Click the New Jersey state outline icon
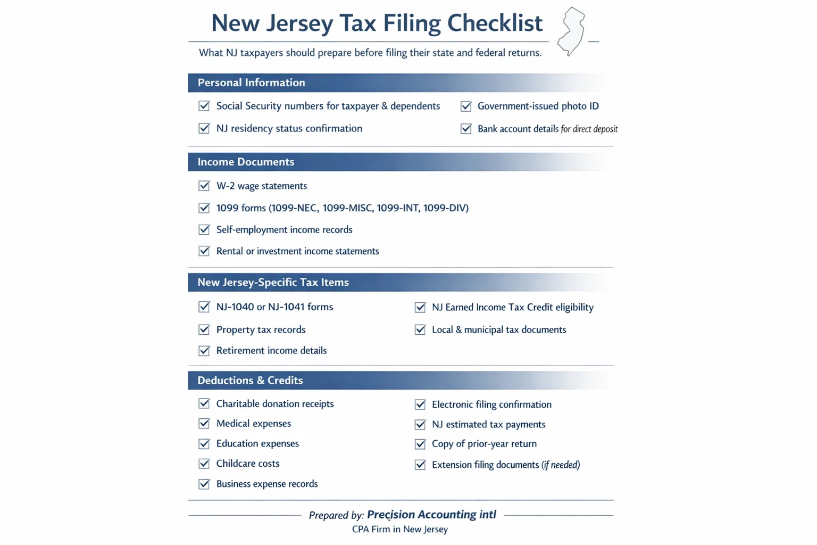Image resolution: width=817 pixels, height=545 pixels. coord(571,31)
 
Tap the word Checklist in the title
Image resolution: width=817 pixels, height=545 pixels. coord(495,23)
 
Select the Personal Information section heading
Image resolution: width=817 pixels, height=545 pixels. coord(251,82)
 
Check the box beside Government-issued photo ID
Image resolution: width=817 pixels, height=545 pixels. coord(466,106)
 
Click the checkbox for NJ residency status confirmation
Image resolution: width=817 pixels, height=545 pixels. coord(204,128)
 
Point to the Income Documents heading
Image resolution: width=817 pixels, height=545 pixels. coord(246,162)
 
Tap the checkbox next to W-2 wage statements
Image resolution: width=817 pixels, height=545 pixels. coord(204,186)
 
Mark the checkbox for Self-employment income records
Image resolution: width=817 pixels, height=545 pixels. coord(204,229)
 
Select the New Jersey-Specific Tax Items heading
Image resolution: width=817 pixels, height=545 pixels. coord(273,283)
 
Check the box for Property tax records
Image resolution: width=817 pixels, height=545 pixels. coord(204,329)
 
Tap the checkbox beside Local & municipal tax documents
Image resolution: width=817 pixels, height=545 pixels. coord(420,330)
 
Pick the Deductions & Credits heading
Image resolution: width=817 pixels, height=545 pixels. coord(250,381)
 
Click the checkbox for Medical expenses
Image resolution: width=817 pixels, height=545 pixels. coord(204,424)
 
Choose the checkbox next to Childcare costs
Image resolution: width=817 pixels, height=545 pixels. coord(204,464)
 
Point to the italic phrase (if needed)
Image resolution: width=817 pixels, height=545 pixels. coord(561,465)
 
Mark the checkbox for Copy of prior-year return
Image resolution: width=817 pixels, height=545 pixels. coord(420,444)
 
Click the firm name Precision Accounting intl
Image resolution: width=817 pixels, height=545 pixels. coord(431,515)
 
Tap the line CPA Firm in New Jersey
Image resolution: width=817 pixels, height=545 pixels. coord(400,530)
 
